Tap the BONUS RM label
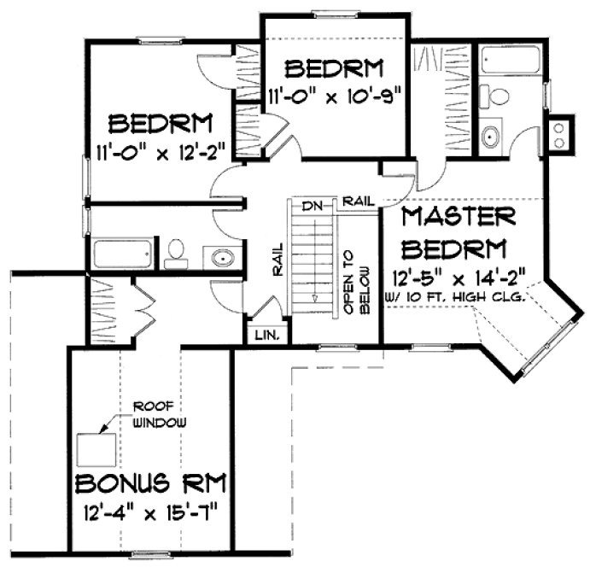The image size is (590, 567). click(151, 485)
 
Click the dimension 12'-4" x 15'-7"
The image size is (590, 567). click(151, 515)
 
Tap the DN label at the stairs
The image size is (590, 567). click(310, 206)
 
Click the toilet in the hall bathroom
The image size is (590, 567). click(177, 250)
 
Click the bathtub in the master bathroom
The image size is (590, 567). click(505, 61)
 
